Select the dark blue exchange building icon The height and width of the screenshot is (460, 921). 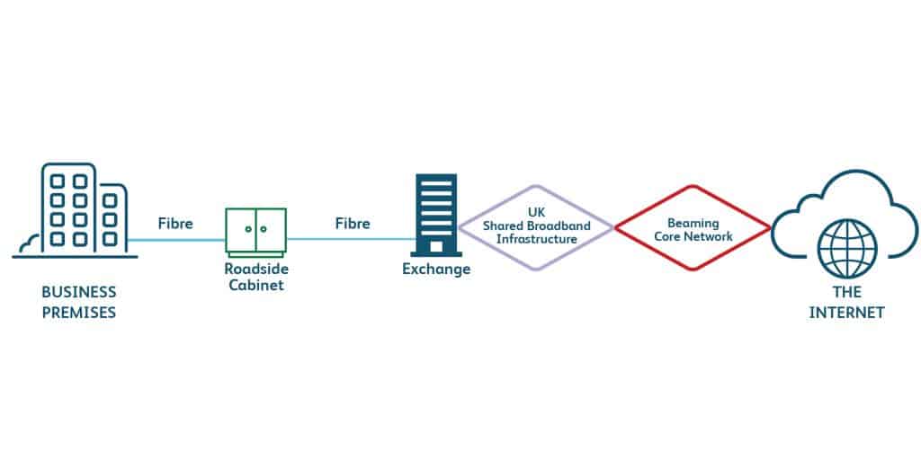point(435,215)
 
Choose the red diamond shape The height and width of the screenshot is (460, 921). point(693,228)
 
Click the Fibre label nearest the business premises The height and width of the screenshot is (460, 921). point(175,223)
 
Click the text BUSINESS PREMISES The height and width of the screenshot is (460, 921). point(79,303)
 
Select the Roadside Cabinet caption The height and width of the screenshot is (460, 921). point(256,276)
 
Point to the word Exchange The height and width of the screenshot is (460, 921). point(435,269)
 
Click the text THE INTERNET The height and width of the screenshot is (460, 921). point(846,303)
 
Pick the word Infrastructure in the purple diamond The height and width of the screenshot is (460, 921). point(536,238)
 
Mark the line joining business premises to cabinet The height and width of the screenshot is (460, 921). point(176,240)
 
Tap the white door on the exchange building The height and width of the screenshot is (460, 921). point(436,246)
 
